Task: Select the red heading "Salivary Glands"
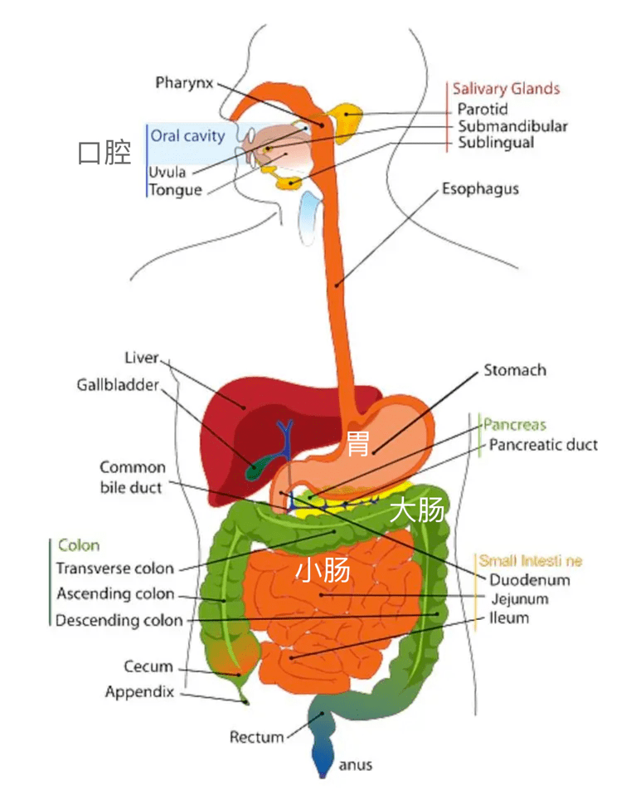click(506, 89)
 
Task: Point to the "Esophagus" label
click(480, 188)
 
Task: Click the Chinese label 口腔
click(104, 153)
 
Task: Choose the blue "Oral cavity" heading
click(187, 135)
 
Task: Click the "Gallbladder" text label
click(118, 385)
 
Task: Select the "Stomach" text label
click(515, 370)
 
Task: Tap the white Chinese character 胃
click(357, 444)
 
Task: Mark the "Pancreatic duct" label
click(543, 445)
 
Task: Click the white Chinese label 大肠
click(418, 510)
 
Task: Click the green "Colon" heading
click(79, 545)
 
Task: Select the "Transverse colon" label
click(115, 568)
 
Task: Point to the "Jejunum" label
click(519, 598)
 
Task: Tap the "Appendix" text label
click(139, 691)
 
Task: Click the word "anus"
click(356, 765)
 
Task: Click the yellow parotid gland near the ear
click(344, 119)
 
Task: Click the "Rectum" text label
click(256, 736)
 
